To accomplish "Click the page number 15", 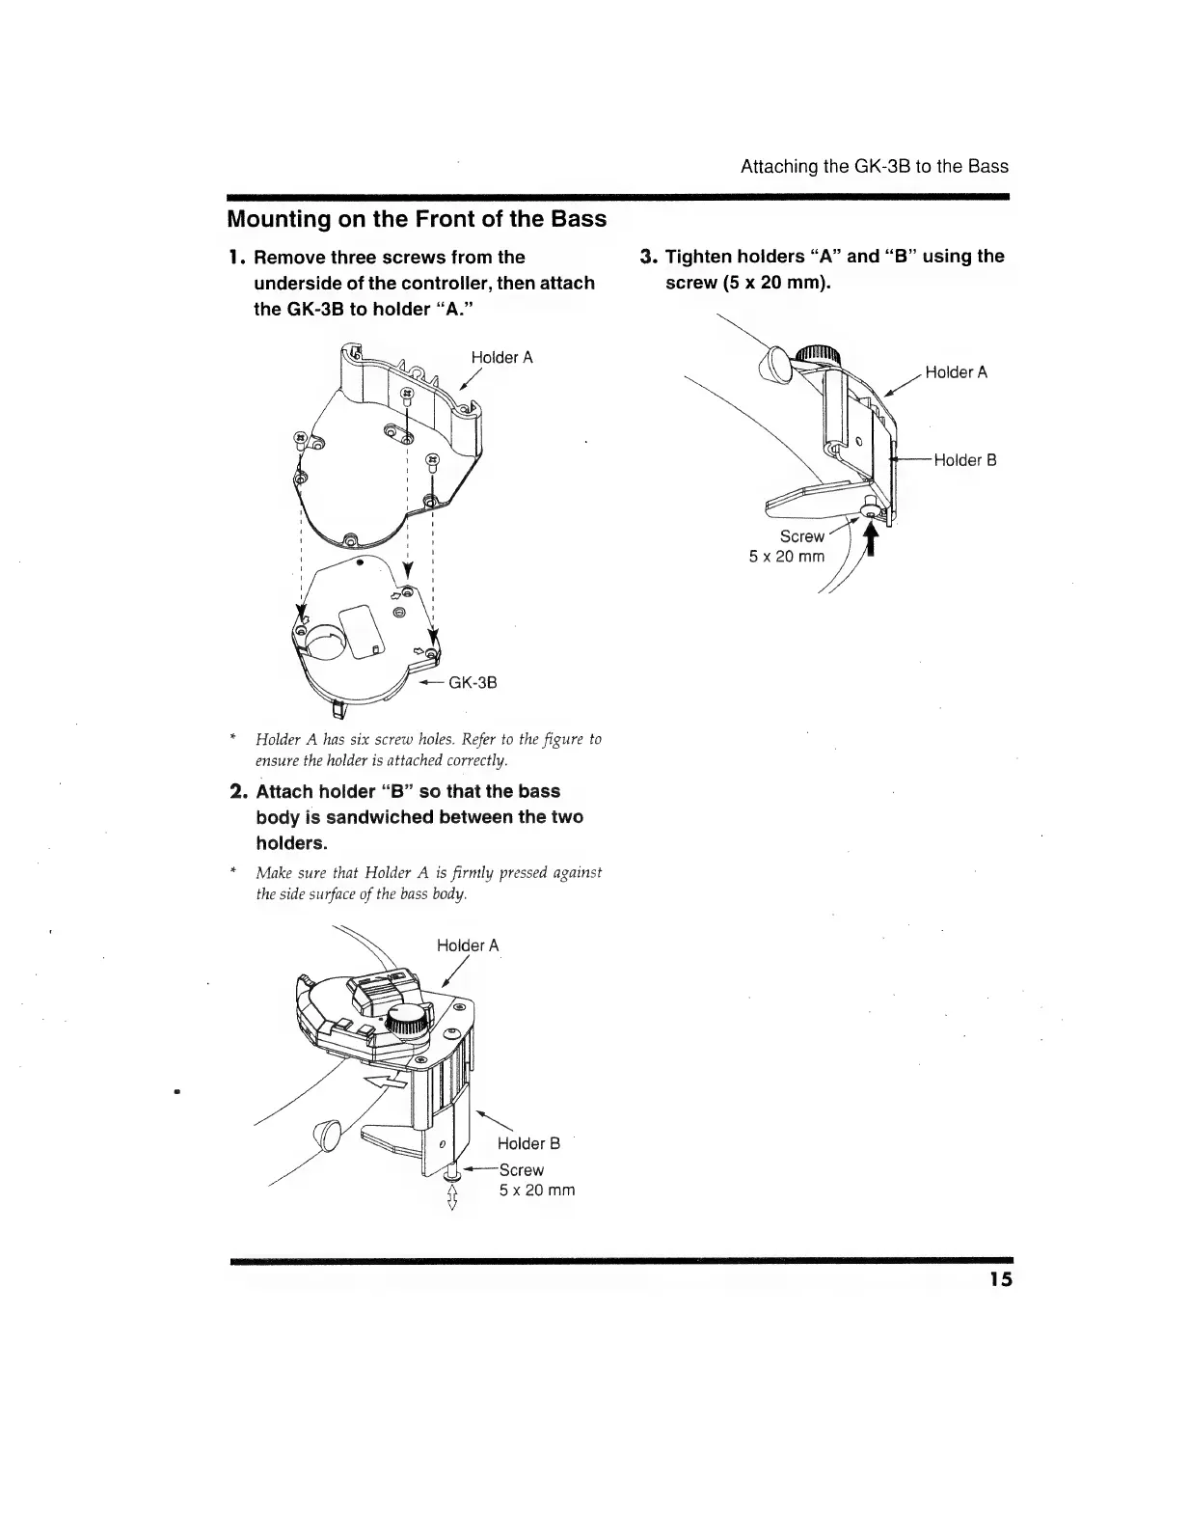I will (x=1000, y=1280).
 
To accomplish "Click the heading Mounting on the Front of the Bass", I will (x=417, y=219).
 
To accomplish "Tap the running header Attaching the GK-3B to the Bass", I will (x=874, y=166).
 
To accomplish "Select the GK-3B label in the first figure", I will (x=473, y=683).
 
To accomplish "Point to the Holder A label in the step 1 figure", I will (x=501, y=358).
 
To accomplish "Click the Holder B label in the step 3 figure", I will (x=964, y=460).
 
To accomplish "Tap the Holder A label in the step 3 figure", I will (x=956, y=372).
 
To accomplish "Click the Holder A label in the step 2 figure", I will (x=468, y=945).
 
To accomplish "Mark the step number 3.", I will (x=648, y=257).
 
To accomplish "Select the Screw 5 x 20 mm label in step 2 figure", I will (x=535, y=1180).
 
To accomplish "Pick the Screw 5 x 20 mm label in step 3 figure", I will (x=788, y=546).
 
